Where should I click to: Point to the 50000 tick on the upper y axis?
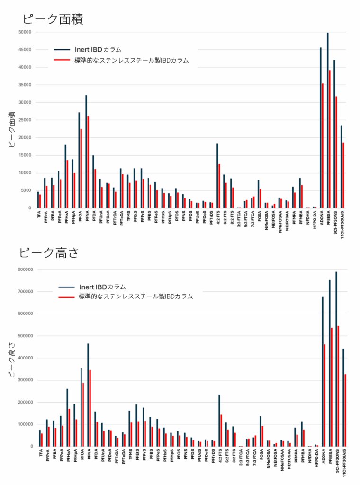pos(24,32)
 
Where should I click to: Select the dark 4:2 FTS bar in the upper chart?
pos(217,175)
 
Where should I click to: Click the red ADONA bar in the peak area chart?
pos(323,145)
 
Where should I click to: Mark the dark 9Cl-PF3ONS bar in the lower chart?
pos(336,359)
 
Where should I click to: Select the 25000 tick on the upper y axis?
pos(24,120)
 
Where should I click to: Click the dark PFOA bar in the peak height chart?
pos(81,407)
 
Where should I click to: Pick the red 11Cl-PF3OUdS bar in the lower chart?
pos(345,410)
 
